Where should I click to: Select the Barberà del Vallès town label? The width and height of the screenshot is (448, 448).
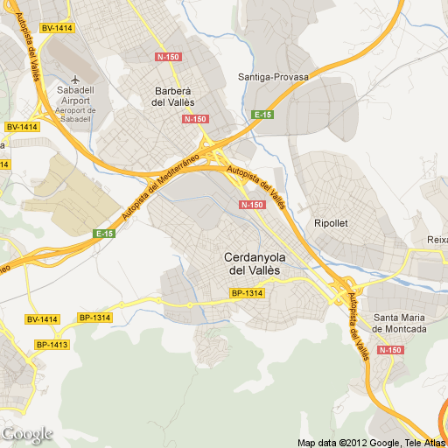click(171, 96)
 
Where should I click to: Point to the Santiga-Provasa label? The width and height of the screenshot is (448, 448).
click(273, 77)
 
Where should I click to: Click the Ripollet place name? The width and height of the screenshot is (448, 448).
click(331, 223)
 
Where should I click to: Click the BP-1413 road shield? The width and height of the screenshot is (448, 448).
click(52, 345)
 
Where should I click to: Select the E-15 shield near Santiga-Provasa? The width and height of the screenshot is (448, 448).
click(262, 115)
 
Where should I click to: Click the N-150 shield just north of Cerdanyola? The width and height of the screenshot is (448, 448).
click(251, 205)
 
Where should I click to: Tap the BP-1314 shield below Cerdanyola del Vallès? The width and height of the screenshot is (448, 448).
click(248, 293)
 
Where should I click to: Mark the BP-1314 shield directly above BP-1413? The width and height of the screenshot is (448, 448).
click(94, 318)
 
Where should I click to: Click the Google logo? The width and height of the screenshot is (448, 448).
click(27, 434)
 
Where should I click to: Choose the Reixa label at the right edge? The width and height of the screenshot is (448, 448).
click(437, 240)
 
